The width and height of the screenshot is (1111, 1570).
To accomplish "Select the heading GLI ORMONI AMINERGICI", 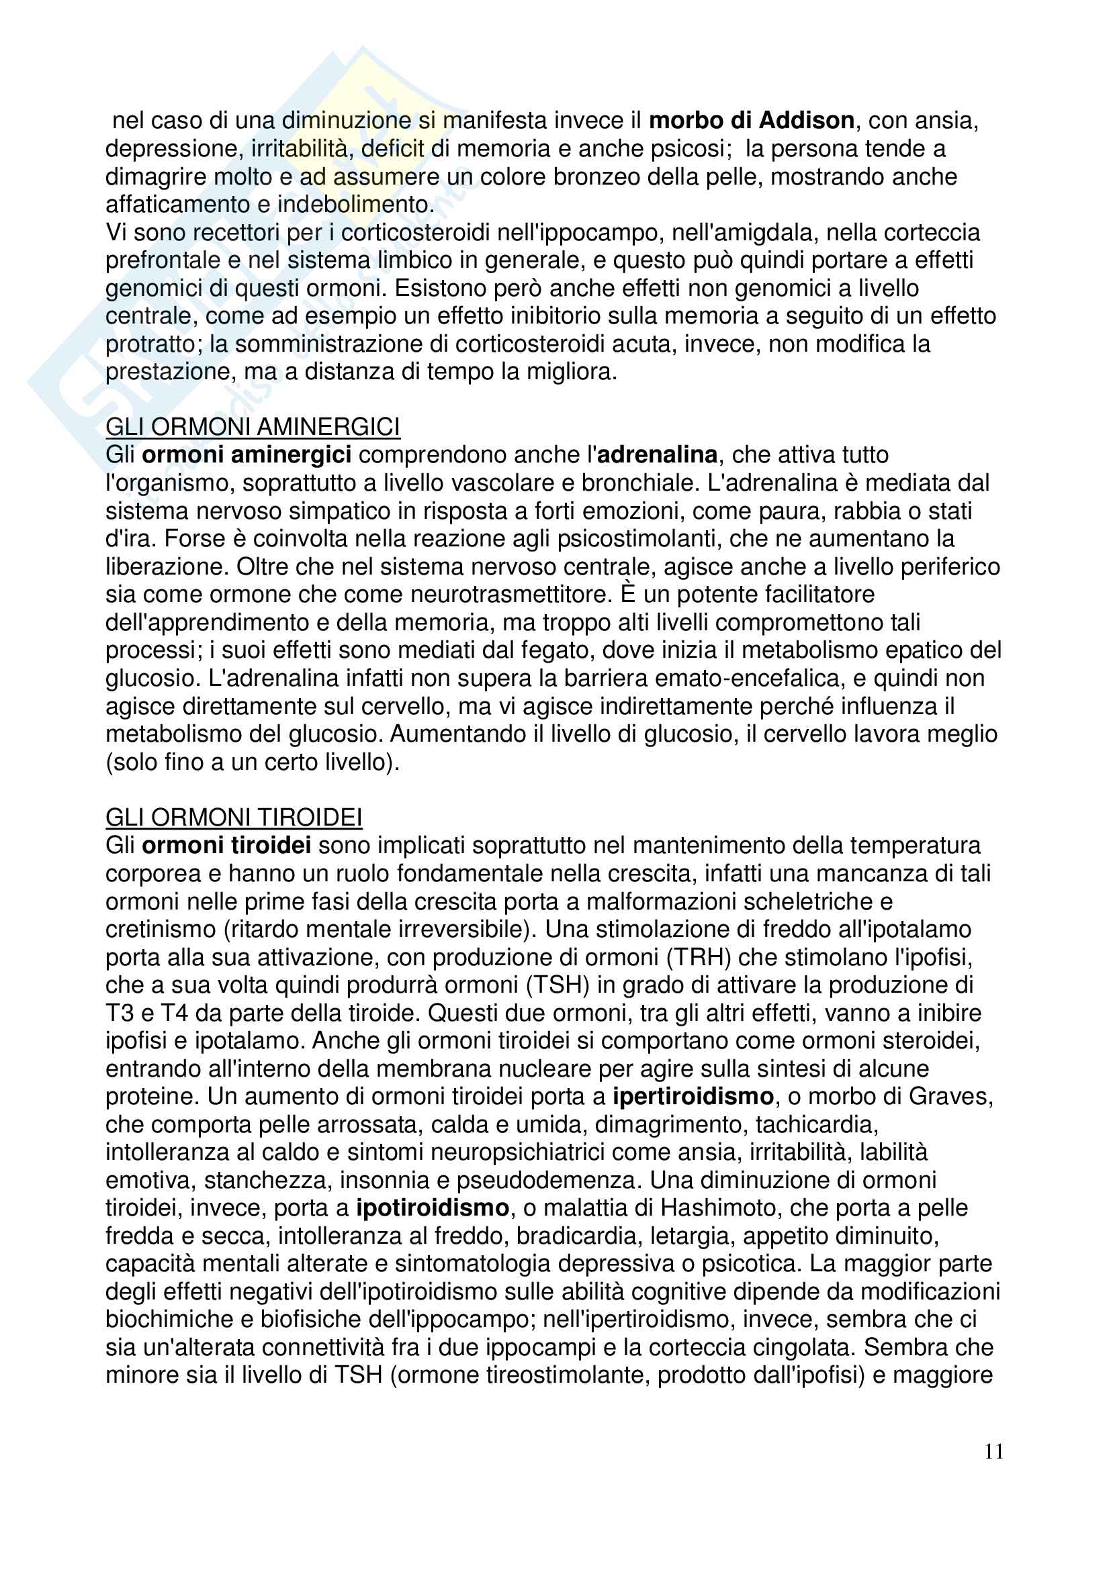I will pyautogui.click(x=253, y=427).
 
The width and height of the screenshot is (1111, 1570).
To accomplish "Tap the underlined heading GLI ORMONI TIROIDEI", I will pyautogui.click(x=233, y=817).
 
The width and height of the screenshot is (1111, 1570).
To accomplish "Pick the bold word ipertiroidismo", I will pyautogui.click(x=693, y=1096).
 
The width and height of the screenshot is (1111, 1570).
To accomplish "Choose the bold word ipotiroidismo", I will pyautogui.click(x=433, y=1208).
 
